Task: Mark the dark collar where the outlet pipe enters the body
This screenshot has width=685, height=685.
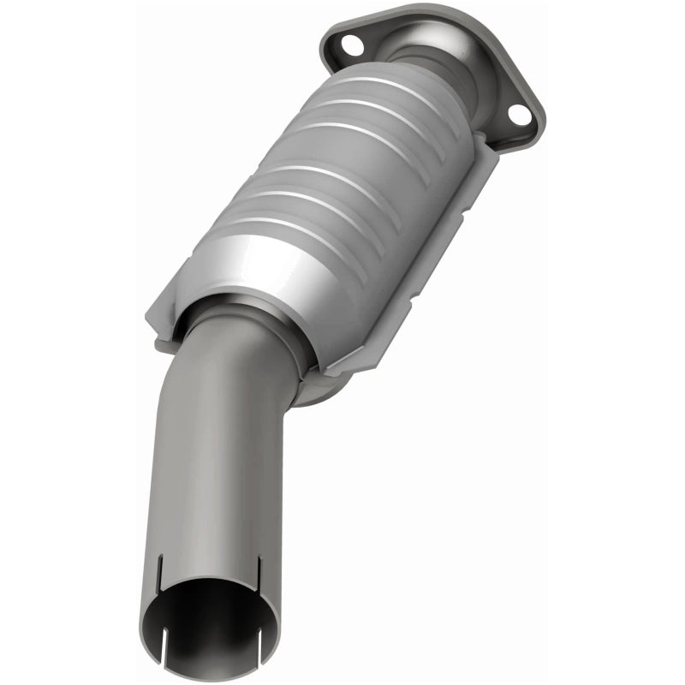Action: coord(257,308)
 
